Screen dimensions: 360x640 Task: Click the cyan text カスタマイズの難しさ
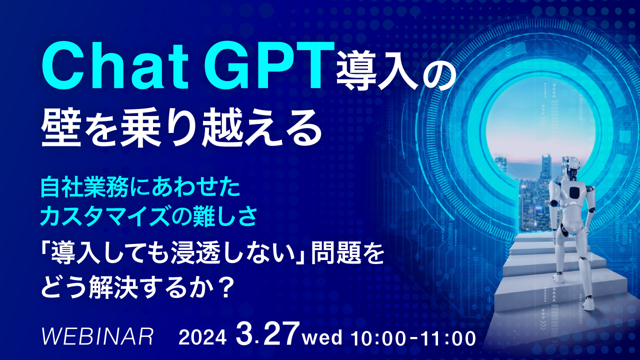coord(149,217)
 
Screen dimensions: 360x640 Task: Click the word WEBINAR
coord(98,337)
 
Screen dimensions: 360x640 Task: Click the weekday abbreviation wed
coord(322,338)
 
